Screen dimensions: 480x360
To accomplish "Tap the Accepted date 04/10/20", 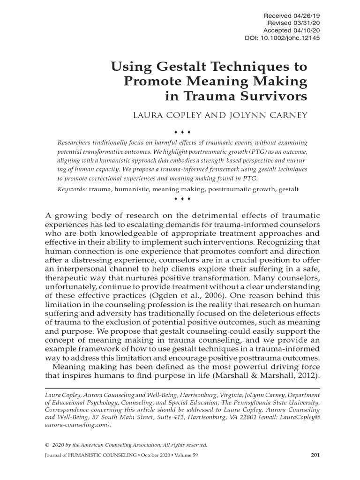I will pos(307,30).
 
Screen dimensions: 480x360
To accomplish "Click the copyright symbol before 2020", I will pos(46,445).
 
